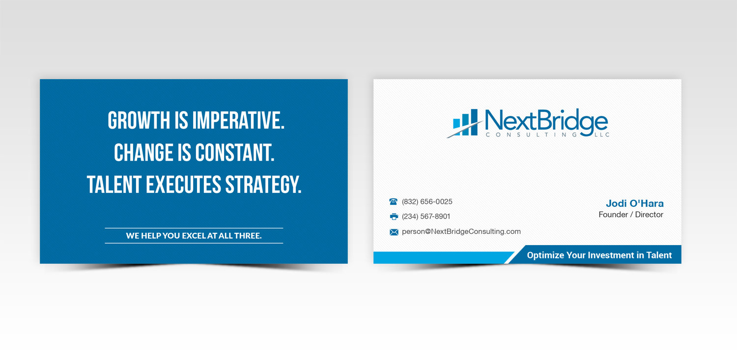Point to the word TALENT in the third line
tap(114, 185)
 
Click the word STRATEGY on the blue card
tap(263, 185)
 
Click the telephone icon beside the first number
tap(394, 202)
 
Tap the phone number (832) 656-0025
tap(427, 202)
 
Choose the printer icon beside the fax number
tap(394, 217)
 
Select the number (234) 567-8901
tap(426, 217)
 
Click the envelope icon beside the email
tap(394, 232)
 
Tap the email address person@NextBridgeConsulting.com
tap(461, 232)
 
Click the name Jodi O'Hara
tap(634, 203)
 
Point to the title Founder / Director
tap(631, 215)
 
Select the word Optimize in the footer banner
tap(545, 255)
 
